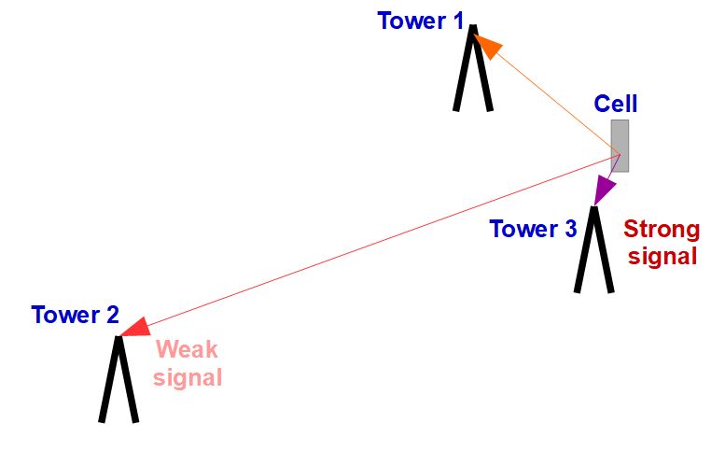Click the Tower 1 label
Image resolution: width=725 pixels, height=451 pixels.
pos(420,21)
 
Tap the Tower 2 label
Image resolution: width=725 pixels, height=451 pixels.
pos(75,315)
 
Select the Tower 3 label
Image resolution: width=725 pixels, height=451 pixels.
pos(533,229)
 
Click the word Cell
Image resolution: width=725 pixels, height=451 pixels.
pos(616,104)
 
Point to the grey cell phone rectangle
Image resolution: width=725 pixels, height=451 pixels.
pos(620,145)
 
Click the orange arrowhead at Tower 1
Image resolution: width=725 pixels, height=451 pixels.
pos(487,45)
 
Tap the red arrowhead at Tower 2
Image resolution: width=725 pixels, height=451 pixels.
pos(135,326)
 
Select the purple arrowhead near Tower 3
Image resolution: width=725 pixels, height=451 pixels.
pos(604,190)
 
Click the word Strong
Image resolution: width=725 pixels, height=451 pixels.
pos(661,230)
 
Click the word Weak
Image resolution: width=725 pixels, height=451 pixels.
pos(187,350)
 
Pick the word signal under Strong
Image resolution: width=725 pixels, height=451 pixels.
pos(662,256)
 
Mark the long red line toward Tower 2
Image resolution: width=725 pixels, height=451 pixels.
pos(373,241)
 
